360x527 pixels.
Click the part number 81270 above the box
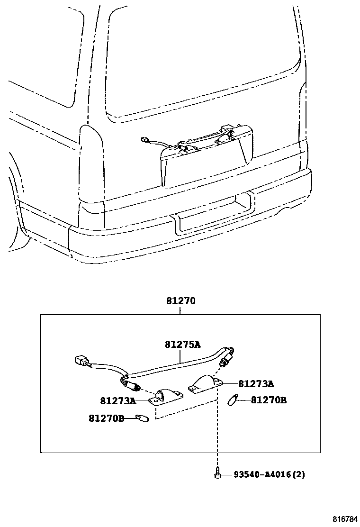pyautogui.click(x=180, y=301)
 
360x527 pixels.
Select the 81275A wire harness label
pyautogui.click(x=182, y=345)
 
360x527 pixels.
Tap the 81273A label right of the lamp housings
pyautogui.click(x=256, y=384)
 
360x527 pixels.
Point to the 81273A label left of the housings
pyautogui.click(x=118, y=401)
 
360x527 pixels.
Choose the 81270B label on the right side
pyautogui.click(x=269, y=400)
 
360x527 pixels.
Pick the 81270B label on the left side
pyautogui.click(x=106, y=418)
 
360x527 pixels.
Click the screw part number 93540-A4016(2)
pyautogui.click(x=269, y=474)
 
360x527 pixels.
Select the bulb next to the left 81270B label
pyautogui.click(x=142, y=418)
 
